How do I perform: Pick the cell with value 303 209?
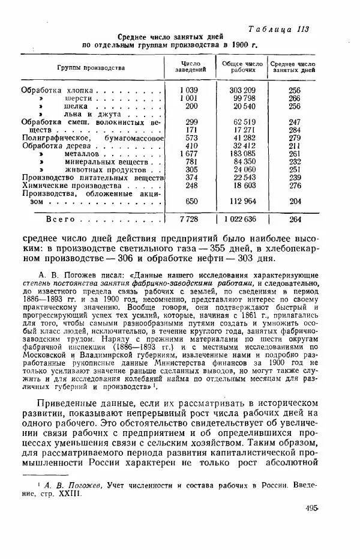(x=242, y=89)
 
